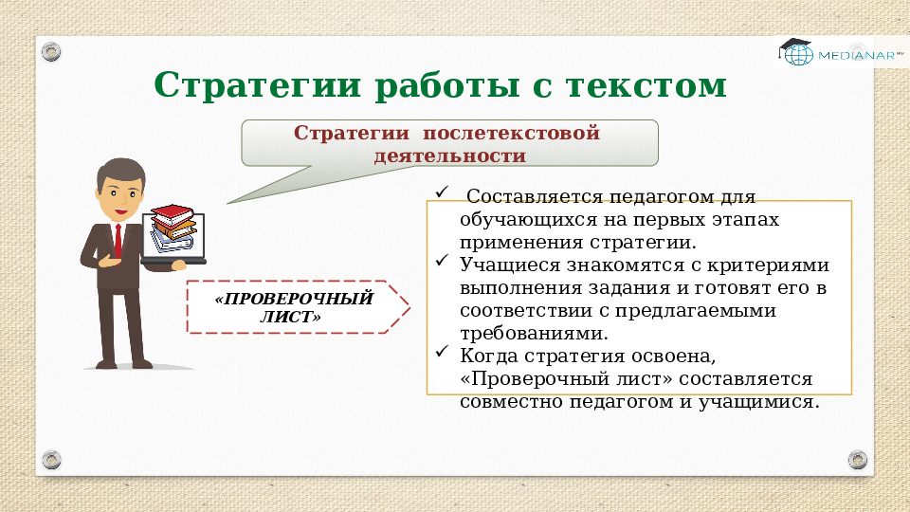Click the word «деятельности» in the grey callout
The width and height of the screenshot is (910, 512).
point(449,155)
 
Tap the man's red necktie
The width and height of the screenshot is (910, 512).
point(118,240)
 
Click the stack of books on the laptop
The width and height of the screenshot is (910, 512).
point(175,227)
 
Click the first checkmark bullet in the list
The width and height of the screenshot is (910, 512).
point(440,193)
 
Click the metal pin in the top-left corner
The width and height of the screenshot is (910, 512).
point(51,49)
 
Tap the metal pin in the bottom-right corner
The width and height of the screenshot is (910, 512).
point(858,460)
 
